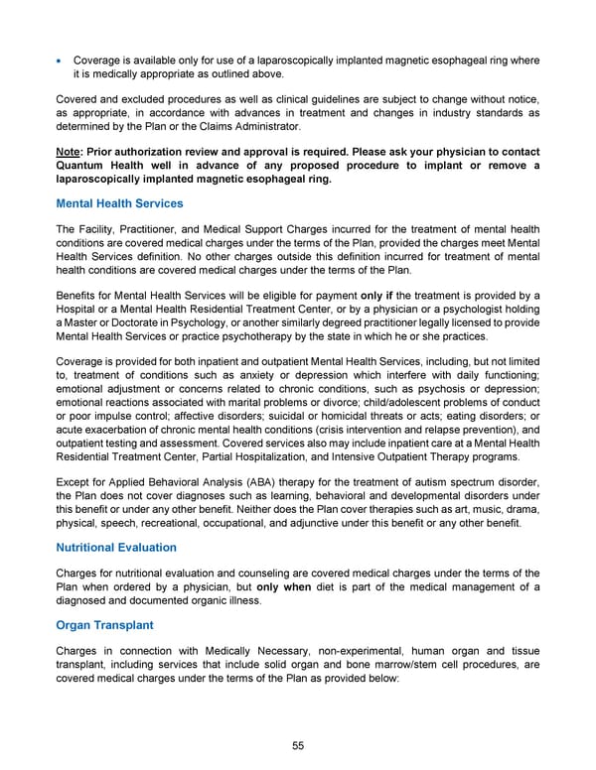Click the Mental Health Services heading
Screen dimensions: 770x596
(120, 203)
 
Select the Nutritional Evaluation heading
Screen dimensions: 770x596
(116, 547)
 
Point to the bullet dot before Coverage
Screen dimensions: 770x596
(62, 61)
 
